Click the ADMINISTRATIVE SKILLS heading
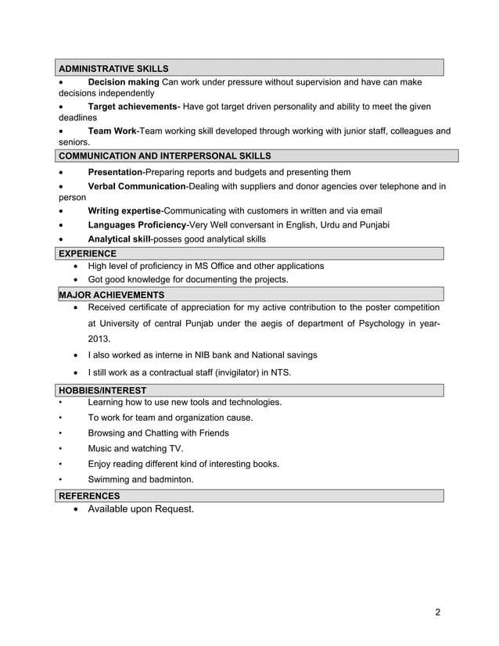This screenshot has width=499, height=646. (x=113, y=69)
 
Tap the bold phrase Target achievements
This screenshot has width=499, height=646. (x=132, y=106)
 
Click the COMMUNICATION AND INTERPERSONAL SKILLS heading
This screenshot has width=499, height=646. (x=165, y=156)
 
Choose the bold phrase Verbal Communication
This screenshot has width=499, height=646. (x=137, y=186)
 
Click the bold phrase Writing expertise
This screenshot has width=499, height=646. (x=124, y=211)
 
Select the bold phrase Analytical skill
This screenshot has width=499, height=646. (x=119, y=239)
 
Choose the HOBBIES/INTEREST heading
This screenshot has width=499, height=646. (x=102, y=390)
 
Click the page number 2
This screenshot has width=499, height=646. (x=438, y=612)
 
